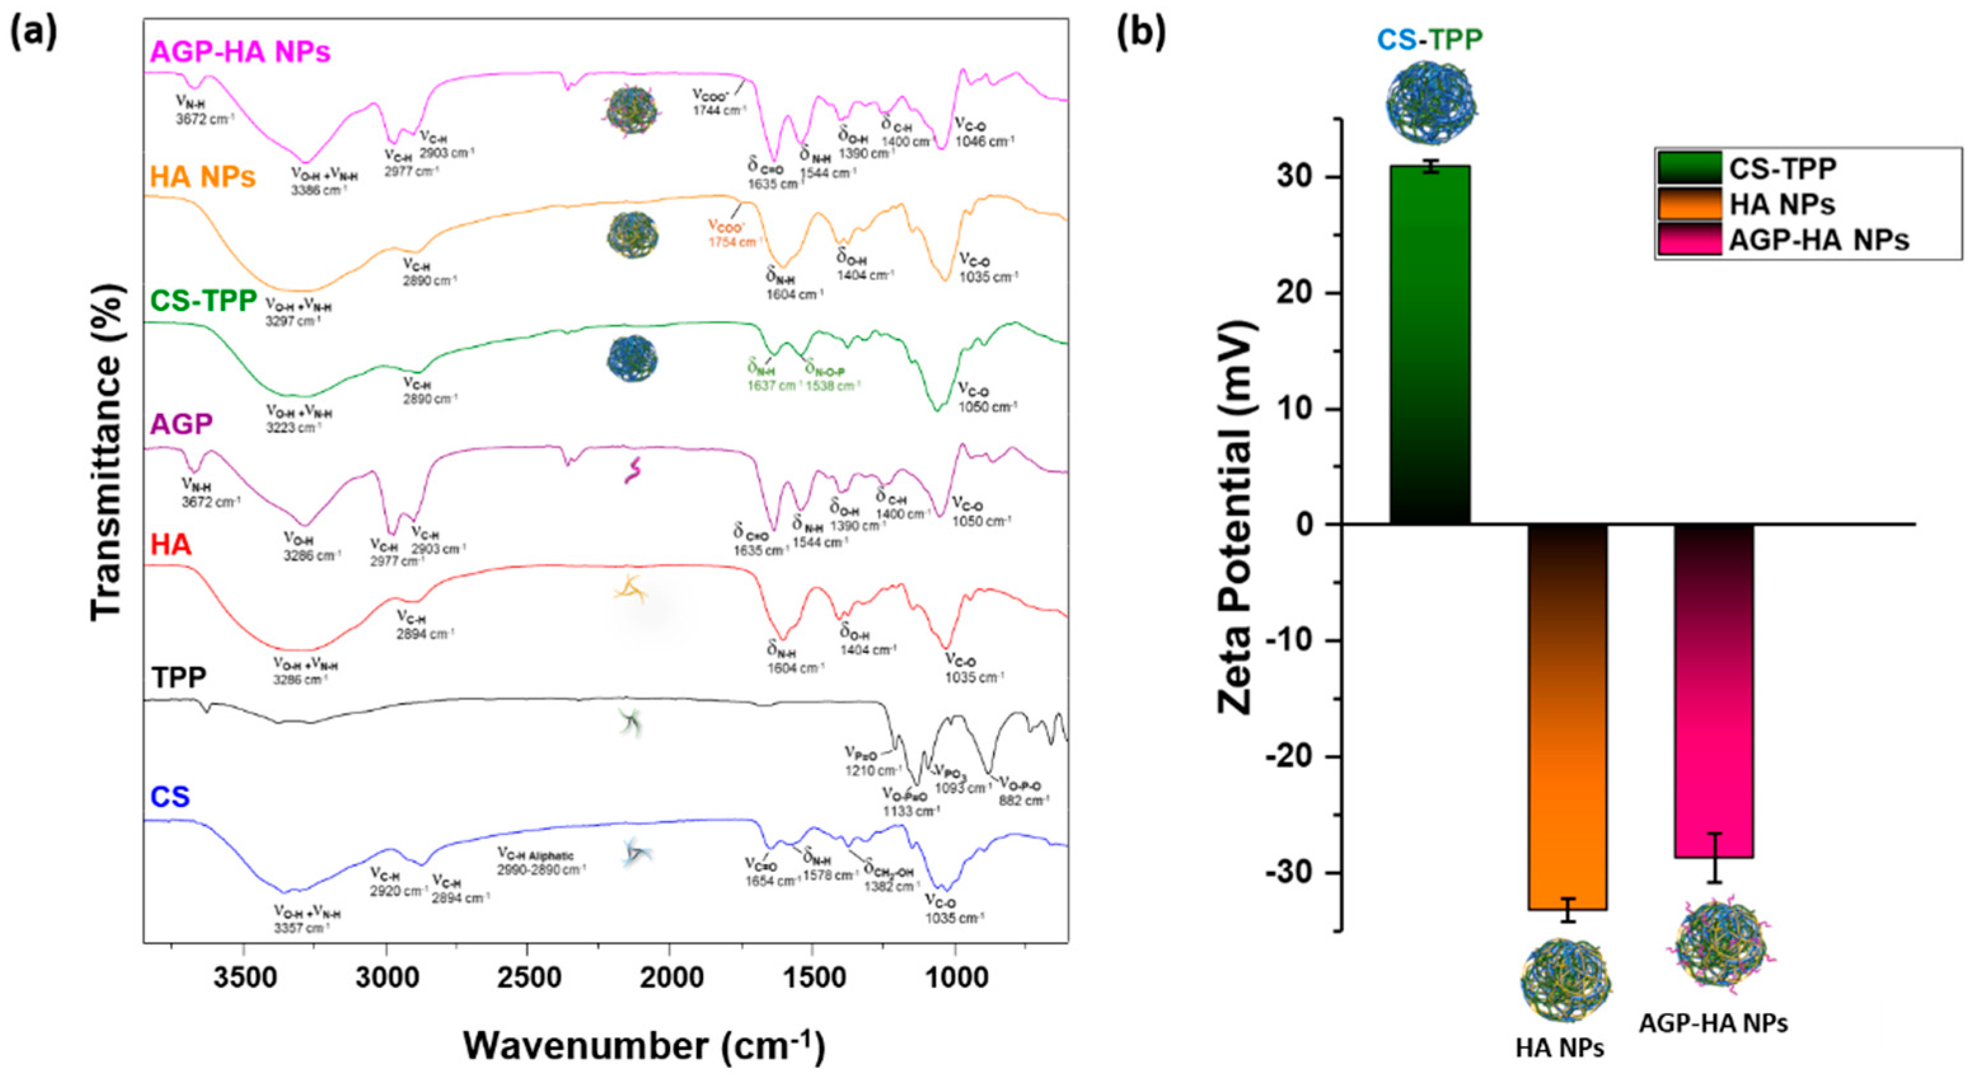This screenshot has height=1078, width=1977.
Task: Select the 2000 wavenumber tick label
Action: (x=670, y=979)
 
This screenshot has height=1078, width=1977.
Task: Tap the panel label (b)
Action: (x=1141, y=32)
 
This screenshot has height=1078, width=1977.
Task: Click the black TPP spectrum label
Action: (x=178, y=678)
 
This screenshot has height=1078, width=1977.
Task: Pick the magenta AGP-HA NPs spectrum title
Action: (x=240, y=52)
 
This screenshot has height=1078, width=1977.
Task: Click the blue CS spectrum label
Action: (x=170, y=797)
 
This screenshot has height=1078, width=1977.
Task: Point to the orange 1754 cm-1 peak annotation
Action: (x=733, y=235)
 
